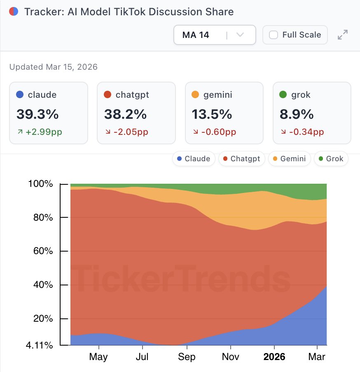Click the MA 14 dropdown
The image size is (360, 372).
pyautogui.click(x=214, y=35)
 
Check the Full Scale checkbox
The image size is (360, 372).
pyautogui.click(x=274, y=35)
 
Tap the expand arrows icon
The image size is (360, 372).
pyautogui.click(x=342, y=35)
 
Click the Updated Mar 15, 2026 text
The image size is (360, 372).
pyautogui.click(x=54, y=67)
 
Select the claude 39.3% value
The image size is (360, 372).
pyautogui.click(x=37, y=114)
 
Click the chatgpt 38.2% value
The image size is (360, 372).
pyautogui.click(x=125, y=114)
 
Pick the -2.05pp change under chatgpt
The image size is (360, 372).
pyautogui.click(x=131, y=132)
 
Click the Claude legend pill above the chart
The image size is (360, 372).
pyautogui.click(x=193, y=159)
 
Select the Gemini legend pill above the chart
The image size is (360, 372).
pyautogui.click(x=289, y=159)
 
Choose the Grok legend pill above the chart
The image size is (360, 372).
pyautogui.click(x=331, y=159)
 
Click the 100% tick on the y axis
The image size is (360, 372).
pyautogui.click(x=40, y=184)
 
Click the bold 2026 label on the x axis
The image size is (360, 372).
pyautogui.click(x=274, y=357)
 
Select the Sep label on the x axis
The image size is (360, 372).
pyautogui.click(x=187, y=357)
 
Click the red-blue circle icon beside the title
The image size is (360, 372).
pyautogui.click(x=14, y=12)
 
